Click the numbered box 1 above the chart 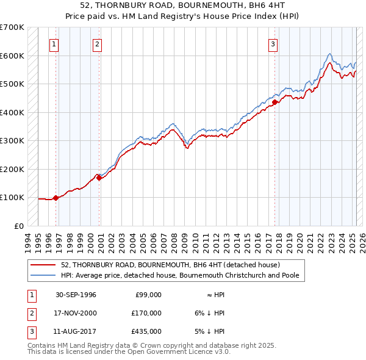[54, 43]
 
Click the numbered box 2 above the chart [97, 43]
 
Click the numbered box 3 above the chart [273, 43]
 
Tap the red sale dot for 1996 [56, 198]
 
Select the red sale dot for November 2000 [99, 178]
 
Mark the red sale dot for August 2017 [274, 103]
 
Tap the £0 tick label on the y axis [18, 226]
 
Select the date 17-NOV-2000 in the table [76, 313]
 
